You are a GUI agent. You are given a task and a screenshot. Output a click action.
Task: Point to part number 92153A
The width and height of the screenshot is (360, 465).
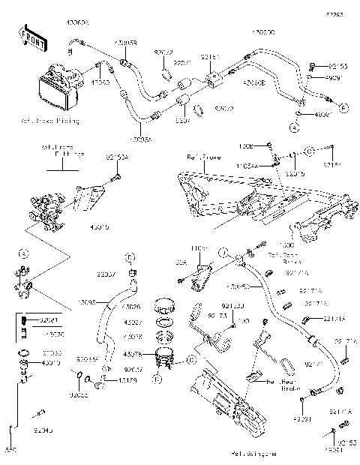117,157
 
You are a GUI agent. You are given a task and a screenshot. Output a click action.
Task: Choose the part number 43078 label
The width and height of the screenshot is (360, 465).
132,354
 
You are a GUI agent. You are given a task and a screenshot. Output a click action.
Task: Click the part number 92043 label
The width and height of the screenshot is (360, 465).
44,433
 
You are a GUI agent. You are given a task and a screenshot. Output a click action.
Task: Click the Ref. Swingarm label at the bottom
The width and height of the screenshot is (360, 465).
249,454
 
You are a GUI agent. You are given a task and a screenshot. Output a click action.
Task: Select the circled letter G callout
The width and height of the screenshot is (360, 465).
191,359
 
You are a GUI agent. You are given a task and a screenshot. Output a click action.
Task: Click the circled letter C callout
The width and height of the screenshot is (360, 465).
308,151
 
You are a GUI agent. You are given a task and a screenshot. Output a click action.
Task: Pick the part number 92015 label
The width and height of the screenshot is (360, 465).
295,172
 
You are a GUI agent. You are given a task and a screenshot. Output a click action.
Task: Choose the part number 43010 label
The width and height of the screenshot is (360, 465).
50,363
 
